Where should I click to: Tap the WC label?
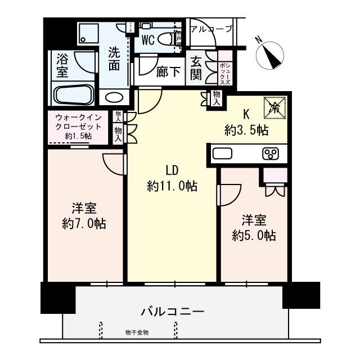point(148,40)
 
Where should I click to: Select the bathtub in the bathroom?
point(74,94)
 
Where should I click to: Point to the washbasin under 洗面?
point(114,96)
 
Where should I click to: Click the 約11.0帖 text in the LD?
point(172,186)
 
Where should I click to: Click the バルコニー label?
point(172,311)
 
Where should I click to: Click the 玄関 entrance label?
point(196,67)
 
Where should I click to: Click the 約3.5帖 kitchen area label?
point(246,131)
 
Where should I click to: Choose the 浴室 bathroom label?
point(62,65)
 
